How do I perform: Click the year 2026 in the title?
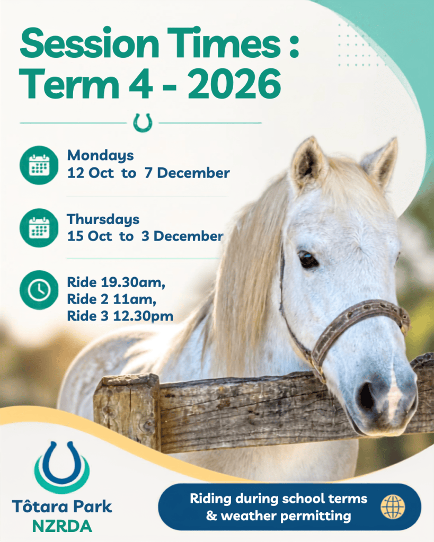click(x=234, y=84)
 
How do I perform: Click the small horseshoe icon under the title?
click(x=143, y=123)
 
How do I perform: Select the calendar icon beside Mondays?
click(x=39, y=165)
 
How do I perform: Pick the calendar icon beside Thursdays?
click(x=39, y=228)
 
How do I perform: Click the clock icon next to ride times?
click(x=39, y=290)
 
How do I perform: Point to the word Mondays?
click(x=100, y=156)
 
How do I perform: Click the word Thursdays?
click(x=103, y=219)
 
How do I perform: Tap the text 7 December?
click(x=187, y=173)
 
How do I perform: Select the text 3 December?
click(x=182, y=236)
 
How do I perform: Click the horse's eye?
click(x=307, y=259)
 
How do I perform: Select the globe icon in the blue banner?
click(x=393, y=507)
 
